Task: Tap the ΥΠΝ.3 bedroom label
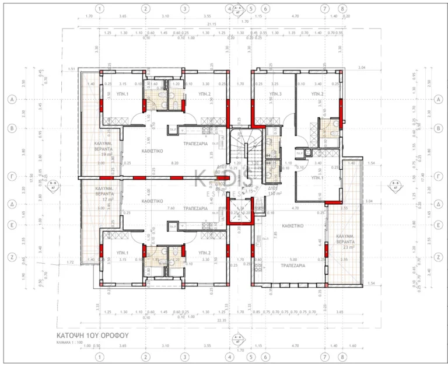(275, 93)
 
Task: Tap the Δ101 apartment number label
(272, 189)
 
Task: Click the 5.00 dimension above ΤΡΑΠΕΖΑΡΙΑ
(293, 260)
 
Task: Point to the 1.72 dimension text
(71, 263)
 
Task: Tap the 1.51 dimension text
(71, 69)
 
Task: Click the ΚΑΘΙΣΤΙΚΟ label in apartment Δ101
(290, 223)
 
